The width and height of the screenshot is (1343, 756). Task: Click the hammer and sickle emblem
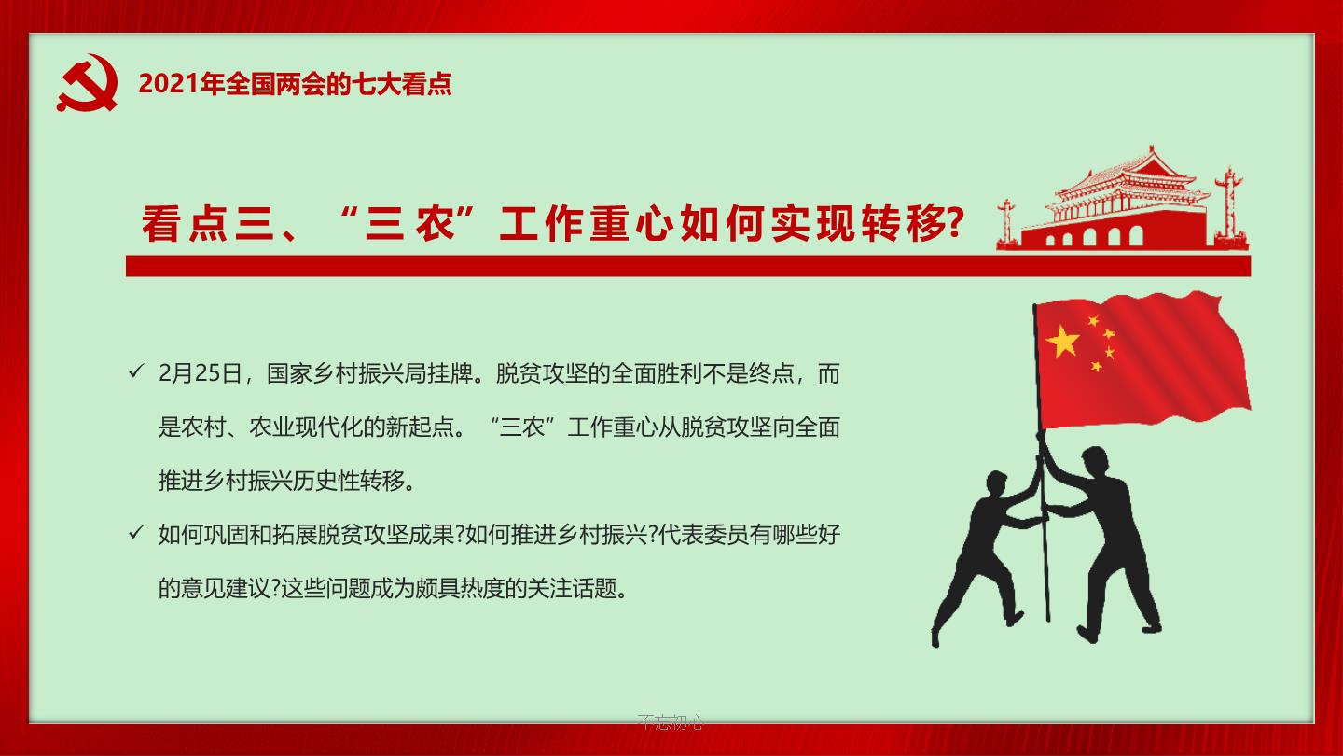point(88,83)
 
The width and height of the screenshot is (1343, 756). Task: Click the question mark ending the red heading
point(953,222)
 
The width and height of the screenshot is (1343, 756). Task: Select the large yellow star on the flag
point(1062,342)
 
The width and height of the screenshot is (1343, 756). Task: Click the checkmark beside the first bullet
point(136,371)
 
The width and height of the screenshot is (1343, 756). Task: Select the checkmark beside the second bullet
point(136,532)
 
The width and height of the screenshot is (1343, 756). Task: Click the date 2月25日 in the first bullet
point(200,373)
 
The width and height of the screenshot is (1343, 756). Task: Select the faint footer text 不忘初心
point(671,721)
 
